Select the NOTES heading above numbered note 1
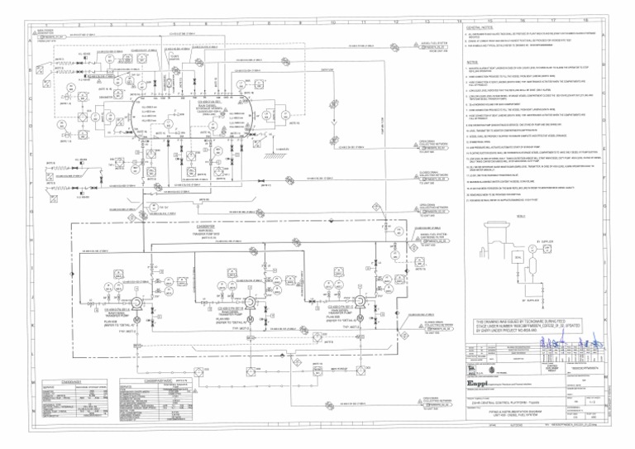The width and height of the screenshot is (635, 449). point(473,61)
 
